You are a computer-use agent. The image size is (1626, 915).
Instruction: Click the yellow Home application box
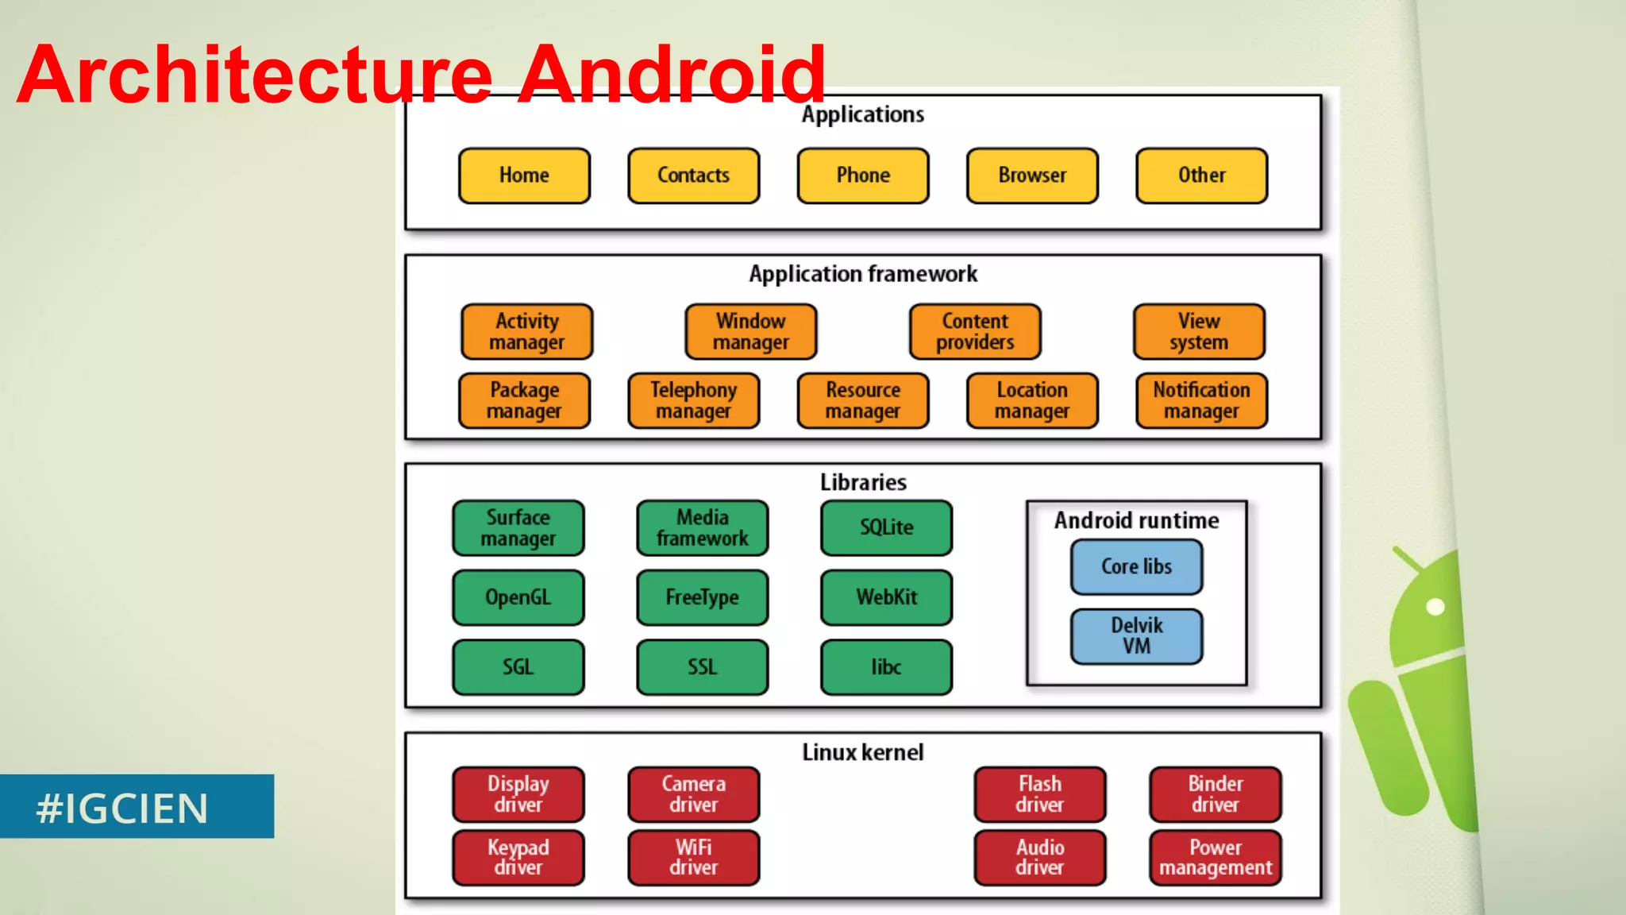point(524,176)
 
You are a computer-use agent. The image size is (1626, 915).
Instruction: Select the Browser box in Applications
point(1032,176)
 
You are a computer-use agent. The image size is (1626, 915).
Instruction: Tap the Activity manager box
point(526,331)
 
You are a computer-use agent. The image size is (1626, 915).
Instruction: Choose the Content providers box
point(975,331)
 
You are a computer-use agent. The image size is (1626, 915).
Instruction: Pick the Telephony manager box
point(693,400)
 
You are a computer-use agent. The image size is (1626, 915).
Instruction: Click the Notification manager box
point(1201,400)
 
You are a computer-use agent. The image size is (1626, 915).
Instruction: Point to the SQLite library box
point(886,527)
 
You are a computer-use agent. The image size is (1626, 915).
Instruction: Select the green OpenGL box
point(518,597)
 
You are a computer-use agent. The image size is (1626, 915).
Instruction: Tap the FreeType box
point(702,597)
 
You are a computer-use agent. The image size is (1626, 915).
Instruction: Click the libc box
point(886,667)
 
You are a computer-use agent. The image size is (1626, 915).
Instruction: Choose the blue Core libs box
point(1136,566)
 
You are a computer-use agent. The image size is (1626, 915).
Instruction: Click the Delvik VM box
point(1136,635)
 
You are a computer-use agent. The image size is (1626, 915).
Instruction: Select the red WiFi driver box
point(693,857)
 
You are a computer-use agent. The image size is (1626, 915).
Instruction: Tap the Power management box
point(1215,857)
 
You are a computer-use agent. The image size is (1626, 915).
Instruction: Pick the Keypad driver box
point(518,857)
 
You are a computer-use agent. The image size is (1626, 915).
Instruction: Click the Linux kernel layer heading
point(863,752)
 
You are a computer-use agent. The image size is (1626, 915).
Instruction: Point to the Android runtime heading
point(1136,520)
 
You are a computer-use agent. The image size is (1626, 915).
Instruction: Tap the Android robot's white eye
point(1435,608)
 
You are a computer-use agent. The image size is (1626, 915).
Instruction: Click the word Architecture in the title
point(254,75)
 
